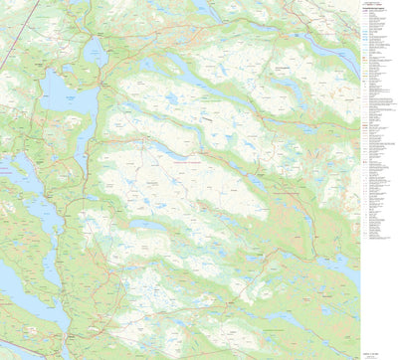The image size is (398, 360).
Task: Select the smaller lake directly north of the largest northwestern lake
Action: [x=96, y=51]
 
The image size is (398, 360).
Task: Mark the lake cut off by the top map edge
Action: [x=204, y=8]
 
